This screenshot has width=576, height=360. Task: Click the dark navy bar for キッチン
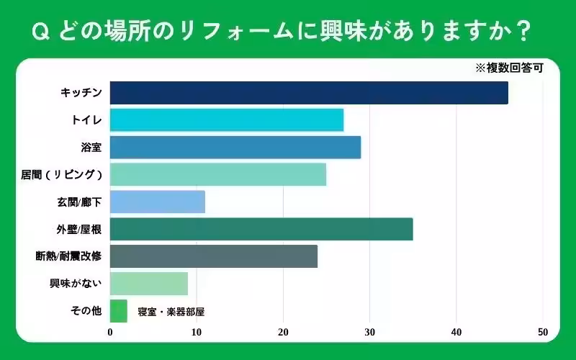coord(309,93)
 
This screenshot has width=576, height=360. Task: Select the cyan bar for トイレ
coord(227,120)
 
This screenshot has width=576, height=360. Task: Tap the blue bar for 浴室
coord(235,147)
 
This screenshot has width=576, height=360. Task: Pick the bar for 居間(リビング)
coord(218,174)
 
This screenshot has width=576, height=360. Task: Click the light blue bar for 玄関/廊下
coord(158,202)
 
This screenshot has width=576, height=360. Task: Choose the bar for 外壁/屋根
coord(261,229)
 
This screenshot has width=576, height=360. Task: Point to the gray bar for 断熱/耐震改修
coord(214,256)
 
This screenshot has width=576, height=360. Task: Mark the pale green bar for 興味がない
coord(149,284)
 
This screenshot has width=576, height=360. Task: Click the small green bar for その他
coord(119,311)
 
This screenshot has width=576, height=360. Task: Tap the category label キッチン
coord(81,93)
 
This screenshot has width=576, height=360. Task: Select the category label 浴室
coord(91,148)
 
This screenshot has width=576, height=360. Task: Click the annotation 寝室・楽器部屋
coord(171,312)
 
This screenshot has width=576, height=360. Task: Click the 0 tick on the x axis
coord(110,332)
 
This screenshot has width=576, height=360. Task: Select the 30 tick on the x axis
coord(369,332)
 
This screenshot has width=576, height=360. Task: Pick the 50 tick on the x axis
coord(542,332)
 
